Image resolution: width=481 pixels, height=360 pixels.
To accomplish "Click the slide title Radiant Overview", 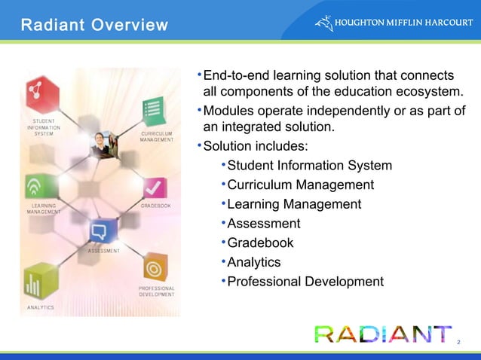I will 94,26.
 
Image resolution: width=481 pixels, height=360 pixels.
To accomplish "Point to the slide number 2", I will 458,343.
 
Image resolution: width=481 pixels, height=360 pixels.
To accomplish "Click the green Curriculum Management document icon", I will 154,111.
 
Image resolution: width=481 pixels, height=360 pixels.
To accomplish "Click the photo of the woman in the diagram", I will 102,144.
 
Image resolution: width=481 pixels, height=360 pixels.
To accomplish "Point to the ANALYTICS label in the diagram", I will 41,308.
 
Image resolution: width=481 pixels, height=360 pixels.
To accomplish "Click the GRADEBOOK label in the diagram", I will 156,206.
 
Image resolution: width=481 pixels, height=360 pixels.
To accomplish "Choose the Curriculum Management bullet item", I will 300,185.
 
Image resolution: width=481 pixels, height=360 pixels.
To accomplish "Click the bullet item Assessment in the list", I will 263,224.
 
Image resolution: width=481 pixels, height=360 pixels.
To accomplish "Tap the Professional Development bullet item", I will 305,282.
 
